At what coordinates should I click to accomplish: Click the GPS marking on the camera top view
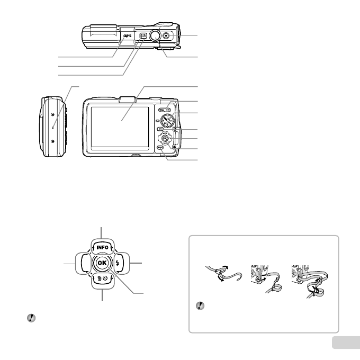coord(127,35)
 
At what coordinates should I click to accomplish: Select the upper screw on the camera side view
coord(53,114)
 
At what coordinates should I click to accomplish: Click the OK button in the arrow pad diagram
coord(101,263)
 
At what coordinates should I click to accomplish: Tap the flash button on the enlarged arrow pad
coord(118,263)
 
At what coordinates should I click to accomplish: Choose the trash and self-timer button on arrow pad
coord(101,279)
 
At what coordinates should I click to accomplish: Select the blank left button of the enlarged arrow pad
coord(84,263)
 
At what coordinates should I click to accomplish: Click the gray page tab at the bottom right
coord(346,343)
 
